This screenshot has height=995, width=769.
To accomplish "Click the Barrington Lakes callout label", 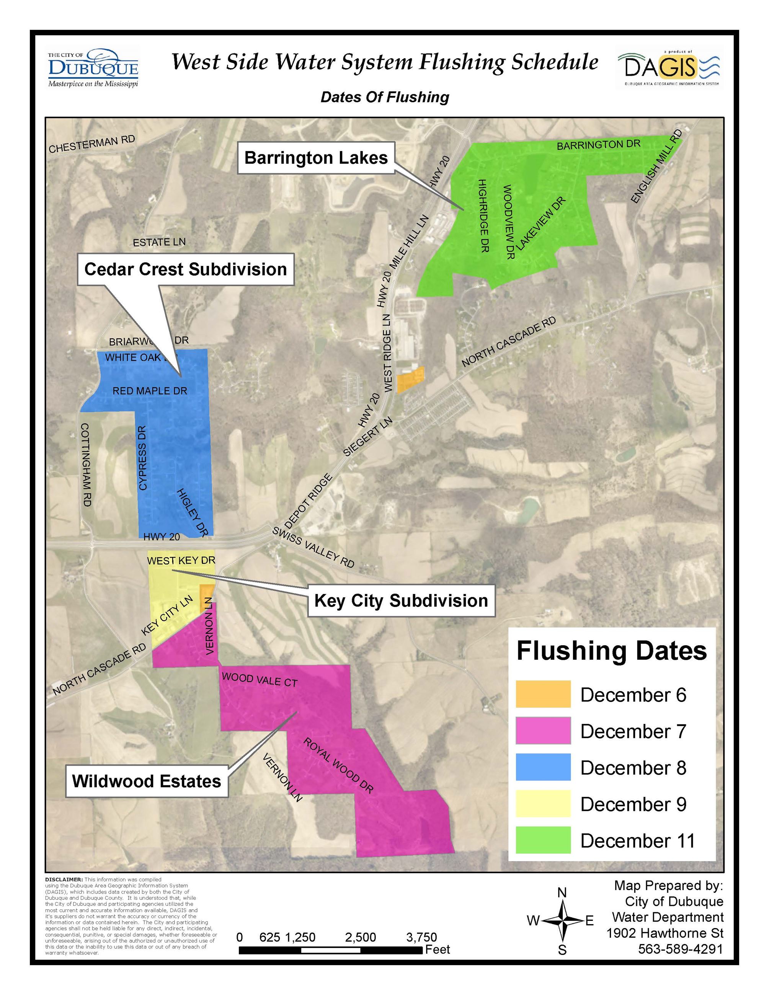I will point(316,158).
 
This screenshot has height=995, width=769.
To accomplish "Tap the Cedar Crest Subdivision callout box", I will point(185,269).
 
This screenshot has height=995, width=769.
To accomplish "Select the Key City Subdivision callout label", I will point(401,600).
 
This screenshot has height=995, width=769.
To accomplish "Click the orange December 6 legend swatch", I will point(542,694).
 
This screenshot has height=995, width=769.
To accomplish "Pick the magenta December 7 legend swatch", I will point(542,731).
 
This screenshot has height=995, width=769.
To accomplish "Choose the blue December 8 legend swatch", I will point(542,767).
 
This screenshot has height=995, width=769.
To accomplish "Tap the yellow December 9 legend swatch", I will point(542,804).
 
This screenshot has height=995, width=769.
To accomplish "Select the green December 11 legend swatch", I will point(542,840).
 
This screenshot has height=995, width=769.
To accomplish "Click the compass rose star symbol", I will point(563,920).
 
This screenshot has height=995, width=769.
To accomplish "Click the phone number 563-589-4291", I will point(680,949).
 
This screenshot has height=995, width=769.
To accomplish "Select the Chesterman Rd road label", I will point(92,144).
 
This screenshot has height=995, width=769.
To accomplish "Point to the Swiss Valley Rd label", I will point(313,547).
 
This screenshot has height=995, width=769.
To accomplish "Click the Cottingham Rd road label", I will point(86,464).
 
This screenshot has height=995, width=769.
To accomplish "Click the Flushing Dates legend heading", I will point(611,651).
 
